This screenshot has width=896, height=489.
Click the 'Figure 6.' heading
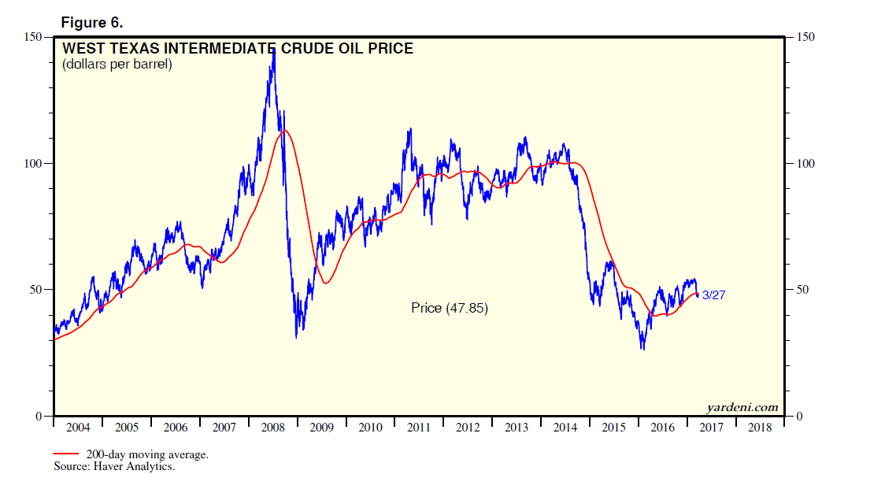pos(91,22)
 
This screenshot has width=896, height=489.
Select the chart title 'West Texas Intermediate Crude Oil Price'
pos(238,49)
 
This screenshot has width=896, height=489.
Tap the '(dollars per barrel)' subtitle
pos(117,65)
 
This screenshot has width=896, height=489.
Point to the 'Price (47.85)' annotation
pos(450,308)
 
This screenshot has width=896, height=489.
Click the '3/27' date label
pos(715,295)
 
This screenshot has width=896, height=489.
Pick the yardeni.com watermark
pos(742,407)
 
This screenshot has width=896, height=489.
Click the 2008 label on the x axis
pos(273,428)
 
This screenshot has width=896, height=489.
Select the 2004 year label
pos(78,428)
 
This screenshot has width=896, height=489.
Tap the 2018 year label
pos(760,428)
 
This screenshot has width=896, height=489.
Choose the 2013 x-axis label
pos(516,428)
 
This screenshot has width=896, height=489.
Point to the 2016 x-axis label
pos(663,428)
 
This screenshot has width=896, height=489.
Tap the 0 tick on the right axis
pos(801,417)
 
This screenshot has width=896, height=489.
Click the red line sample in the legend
pos(66,454)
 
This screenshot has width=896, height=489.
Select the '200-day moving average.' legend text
pos(146,455)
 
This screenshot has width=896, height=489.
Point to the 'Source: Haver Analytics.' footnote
pos(113,467)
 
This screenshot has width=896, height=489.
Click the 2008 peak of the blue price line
pos(273,49)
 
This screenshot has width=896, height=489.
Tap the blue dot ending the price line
pos(697,295)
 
